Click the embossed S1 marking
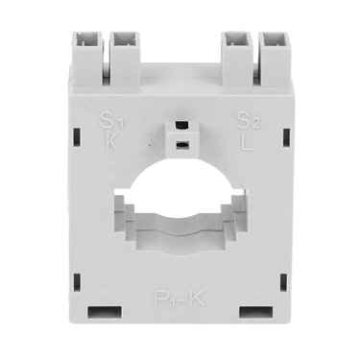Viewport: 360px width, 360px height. coord(111,120)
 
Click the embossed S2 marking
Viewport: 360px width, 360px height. coord(248,121)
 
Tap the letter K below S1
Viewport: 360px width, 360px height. coord(111,141)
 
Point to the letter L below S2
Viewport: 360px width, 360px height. coord(247,142)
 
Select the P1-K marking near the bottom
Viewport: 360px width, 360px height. coord(180,299)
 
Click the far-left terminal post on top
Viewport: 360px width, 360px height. coord(87,59)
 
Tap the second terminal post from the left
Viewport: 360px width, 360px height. coord(125,59)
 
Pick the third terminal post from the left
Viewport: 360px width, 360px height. coord(238,59)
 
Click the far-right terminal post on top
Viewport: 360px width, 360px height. coord(275,59)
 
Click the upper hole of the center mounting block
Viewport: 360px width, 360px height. coord(181,126)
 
